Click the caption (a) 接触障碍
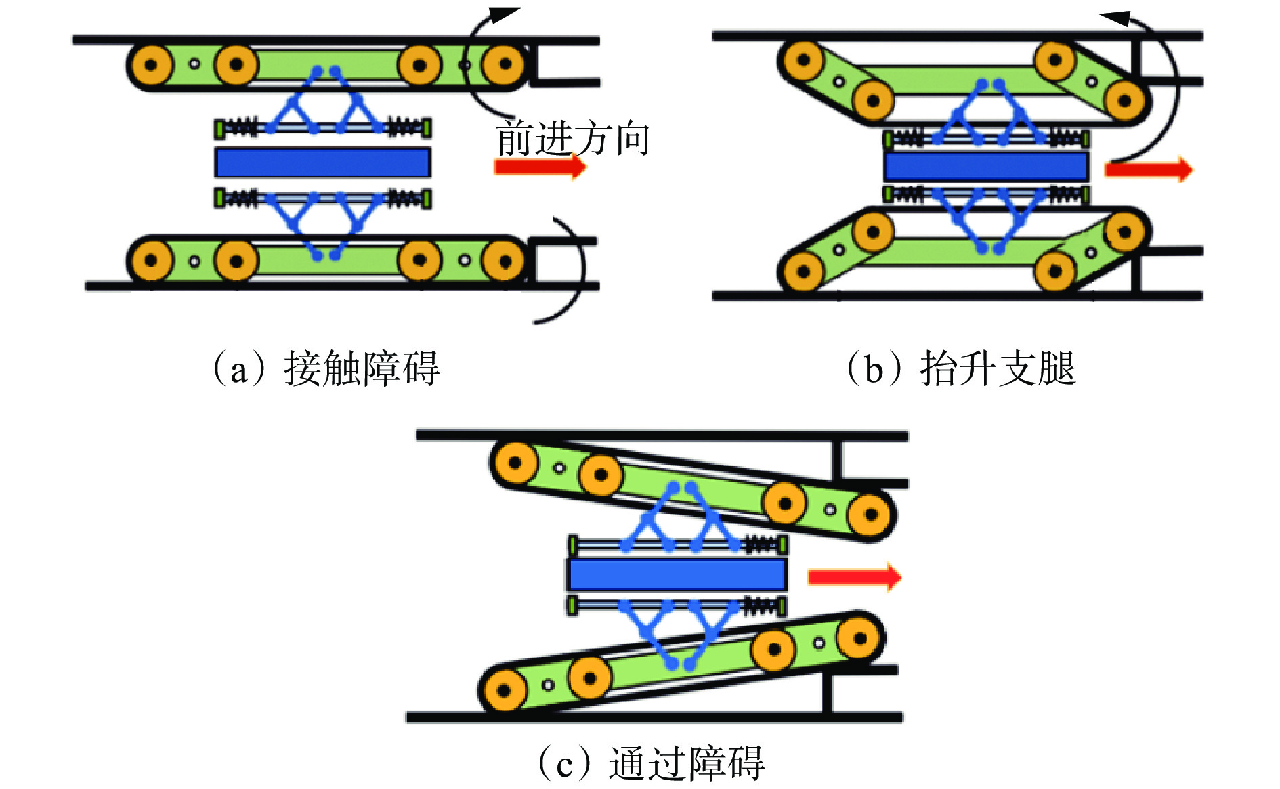point(327,369)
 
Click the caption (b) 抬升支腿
point(962,369)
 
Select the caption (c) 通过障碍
point(651,763)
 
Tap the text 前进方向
point(573,139)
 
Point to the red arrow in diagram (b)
point(1148,169)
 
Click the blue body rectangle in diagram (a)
point(322,163)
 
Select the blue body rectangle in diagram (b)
point(986,167)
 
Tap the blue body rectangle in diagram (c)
point(677,575)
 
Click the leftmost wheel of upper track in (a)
point(150,66)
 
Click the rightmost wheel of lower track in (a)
point(504,260)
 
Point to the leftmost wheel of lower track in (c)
point(504,690)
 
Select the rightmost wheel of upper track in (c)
point(870,515)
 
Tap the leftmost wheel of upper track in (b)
point(803,60)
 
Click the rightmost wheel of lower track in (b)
point(1124,232)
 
